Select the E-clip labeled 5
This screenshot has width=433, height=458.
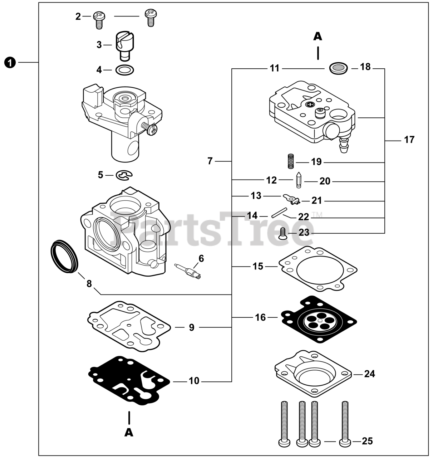(124, 175)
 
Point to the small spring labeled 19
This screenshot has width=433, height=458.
(291, 161)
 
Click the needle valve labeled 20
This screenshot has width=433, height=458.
(298, 181)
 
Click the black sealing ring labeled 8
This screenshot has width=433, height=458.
(64, 256)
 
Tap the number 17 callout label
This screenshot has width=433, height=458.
(409, 140)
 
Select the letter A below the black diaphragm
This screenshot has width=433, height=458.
(129, 432)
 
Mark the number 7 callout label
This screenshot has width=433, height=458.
(210, 161)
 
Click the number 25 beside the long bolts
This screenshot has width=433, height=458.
(367, 441)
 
